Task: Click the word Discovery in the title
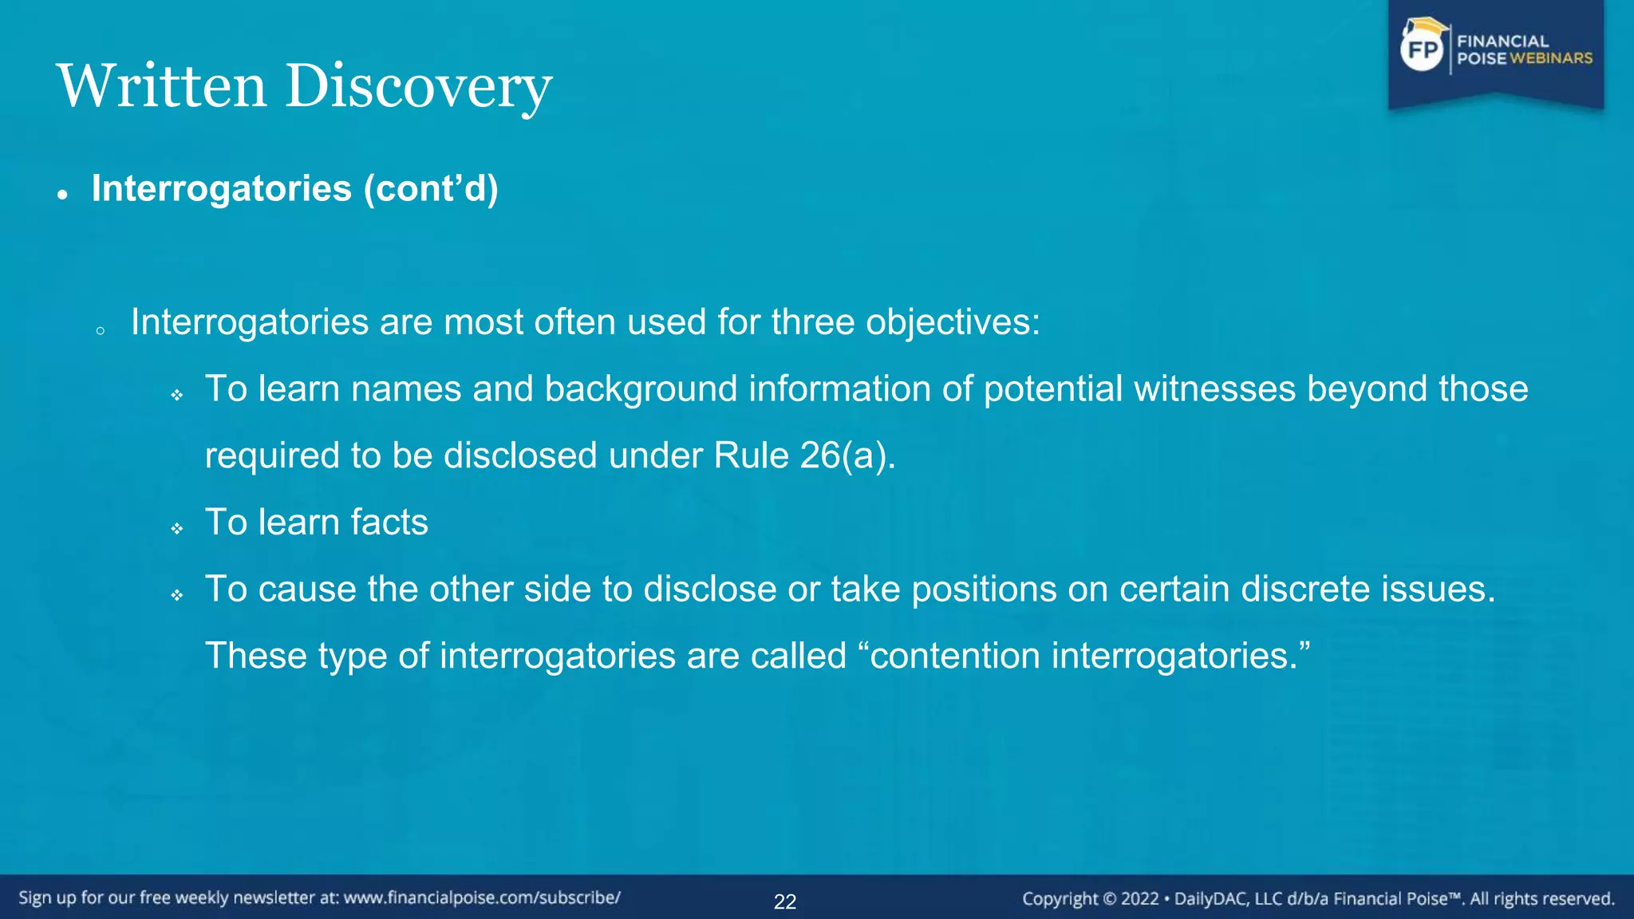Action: pos(418,86)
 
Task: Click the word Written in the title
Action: pos(161,86)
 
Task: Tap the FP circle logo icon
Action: pos(1423,50)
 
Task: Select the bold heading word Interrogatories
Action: pos(221,189)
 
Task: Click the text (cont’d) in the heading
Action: pos(431,189)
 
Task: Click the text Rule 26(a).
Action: pos(804,456)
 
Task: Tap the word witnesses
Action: pos(1214,389)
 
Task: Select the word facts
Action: pos(389,523)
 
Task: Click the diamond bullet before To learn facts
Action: pos(177,528)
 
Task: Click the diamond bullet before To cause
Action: pos(177,595)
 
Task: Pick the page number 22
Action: pos(785,901)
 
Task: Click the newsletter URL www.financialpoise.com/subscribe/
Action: pos(482,898)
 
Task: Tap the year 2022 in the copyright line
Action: pos(1139,899)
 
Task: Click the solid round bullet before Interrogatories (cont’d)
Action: pos(62,195)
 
